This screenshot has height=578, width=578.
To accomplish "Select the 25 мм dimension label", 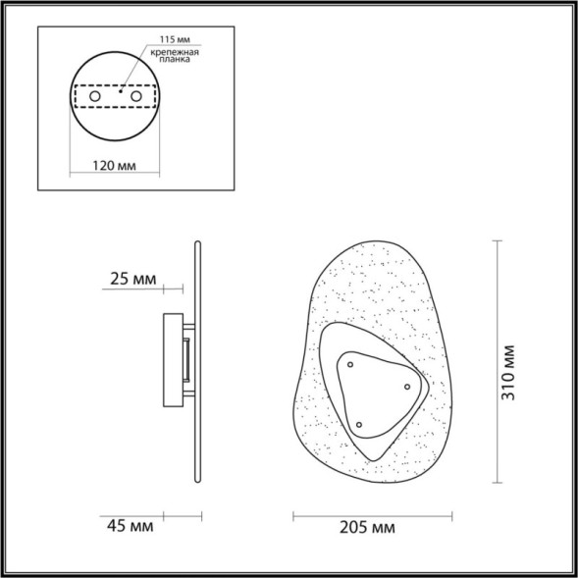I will click(x=132, y=280).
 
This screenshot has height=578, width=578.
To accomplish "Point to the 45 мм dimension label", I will click(x=131, y=528).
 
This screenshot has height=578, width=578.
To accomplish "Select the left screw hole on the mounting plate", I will click(x=93, y=97).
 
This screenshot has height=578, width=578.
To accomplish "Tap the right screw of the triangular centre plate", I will click(x=406, y=387).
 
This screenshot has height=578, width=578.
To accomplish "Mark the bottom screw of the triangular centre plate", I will click(x=360, y=425).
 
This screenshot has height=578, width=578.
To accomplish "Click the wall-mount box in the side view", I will click(x=175, y=360).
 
